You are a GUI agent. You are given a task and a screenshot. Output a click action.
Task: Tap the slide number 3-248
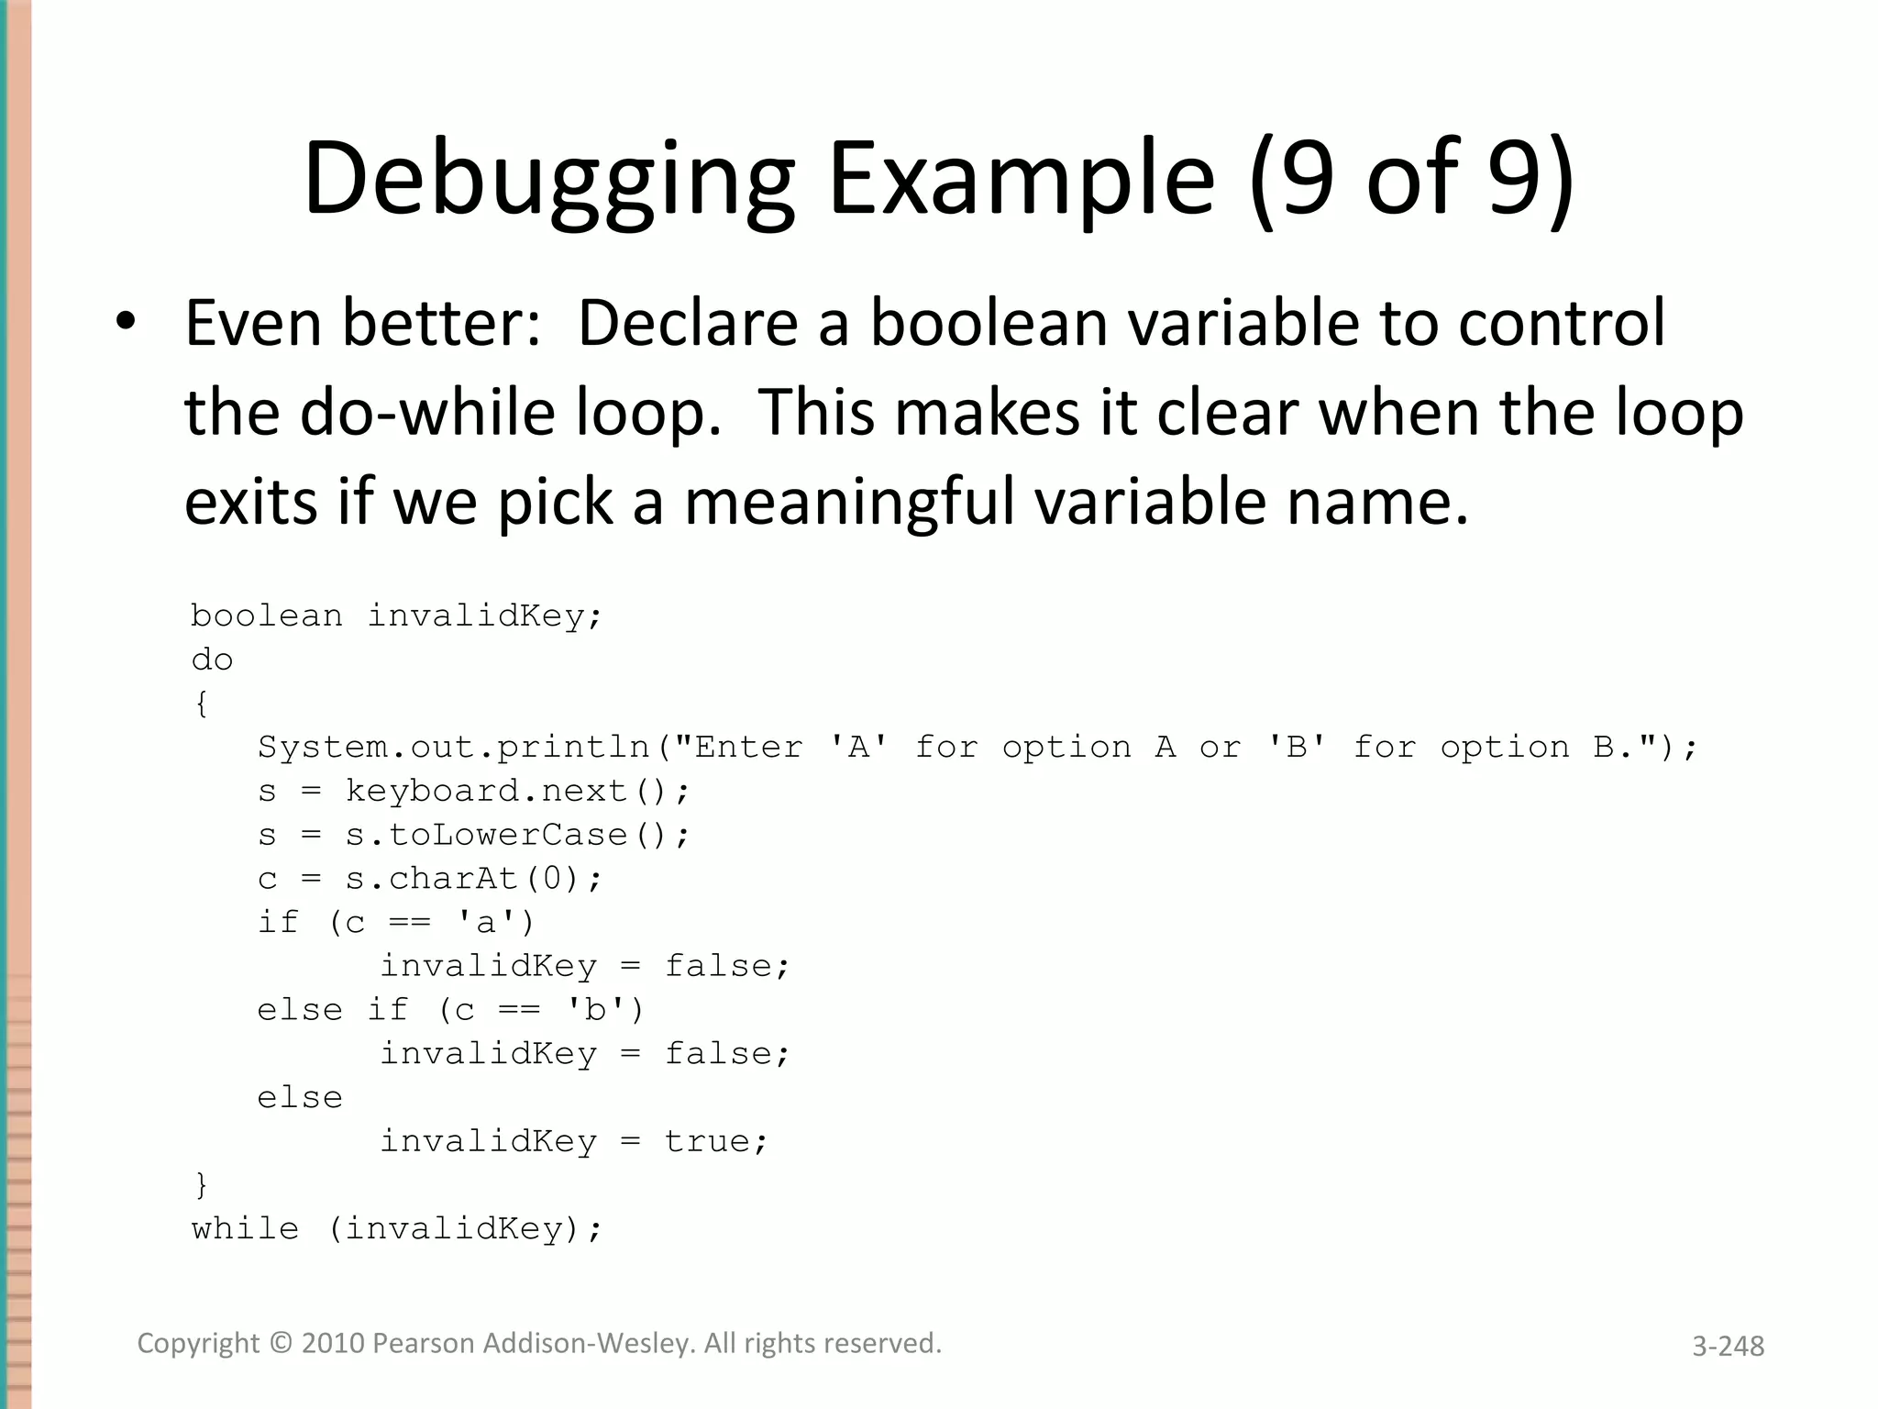[x=1728, y=1346]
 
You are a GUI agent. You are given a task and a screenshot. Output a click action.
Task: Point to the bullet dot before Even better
[x=126, y=322]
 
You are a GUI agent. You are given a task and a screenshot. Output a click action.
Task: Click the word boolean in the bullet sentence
[x=989, y=323]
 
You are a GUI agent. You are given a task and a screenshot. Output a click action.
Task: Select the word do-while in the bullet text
[x=427, y=412]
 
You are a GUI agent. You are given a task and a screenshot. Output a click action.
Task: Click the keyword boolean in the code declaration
[x=266, y=616]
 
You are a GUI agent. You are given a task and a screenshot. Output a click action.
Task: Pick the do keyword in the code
[x=212, y=660]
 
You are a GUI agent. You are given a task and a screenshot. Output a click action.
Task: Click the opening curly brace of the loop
[x=202, y=704]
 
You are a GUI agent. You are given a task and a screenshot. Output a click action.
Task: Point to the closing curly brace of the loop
[x=202, y=1185]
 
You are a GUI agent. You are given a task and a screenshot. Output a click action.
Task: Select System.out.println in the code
[x=454, y=747]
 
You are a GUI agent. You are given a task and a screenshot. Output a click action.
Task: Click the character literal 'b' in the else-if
[x=595, y=1010]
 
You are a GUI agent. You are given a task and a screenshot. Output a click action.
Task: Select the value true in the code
[x=706, y=1141]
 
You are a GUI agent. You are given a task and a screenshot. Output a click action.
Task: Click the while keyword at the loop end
[x=245, y=1228]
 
